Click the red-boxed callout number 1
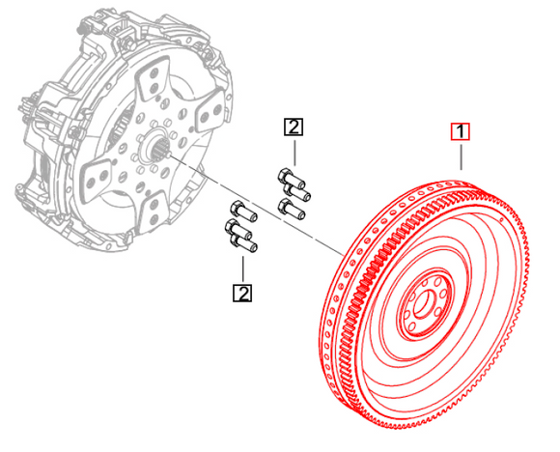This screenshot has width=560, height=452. (x=462, y=130)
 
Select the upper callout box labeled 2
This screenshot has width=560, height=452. (x=294, y=126)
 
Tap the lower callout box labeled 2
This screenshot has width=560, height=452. (x=241, y=292)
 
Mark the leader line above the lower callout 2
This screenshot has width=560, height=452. (x=241, y=268)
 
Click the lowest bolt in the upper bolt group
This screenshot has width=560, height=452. (x=293, y=208)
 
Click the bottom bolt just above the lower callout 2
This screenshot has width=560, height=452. (x=244, y=246)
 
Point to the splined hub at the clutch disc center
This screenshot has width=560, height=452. (x=155, y=149)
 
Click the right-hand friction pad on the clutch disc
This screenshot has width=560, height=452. (x=210, y=118)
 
